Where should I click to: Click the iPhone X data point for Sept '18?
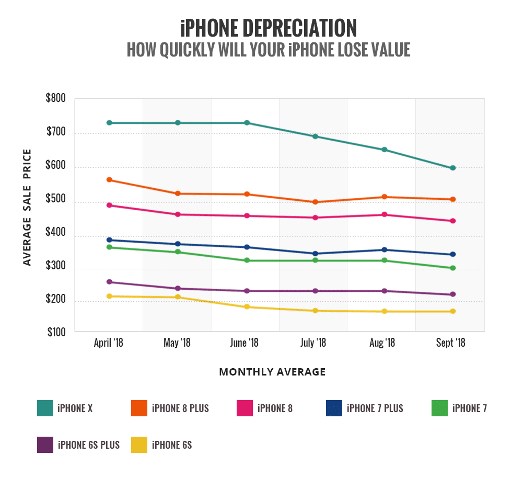[x=453, y=168]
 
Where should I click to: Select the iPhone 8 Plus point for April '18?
[x=109, y=180]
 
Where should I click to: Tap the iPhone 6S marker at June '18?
[x=247, y=307]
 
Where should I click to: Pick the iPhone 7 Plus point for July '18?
[x=316, y=254]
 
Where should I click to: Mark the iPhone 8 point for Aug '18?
[x=385, y=214]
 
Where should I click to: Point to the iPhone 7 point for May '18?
[x=178, y=252]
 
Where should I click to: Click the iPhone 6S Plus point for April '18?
[x=109, y=282]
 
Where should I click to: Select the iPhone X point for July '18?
[x=316, y=136]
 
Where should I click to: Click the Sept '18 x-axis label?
[x=451, y=343]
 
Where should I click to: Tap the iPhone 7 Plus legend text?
[x=375, y=408]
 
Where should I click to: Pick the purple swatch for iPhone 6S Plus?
[x=45, y=445]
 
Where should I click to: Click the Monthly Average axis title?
[x=272, y=372]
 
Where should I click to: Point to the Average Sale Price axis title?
[x=27, y=207]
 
